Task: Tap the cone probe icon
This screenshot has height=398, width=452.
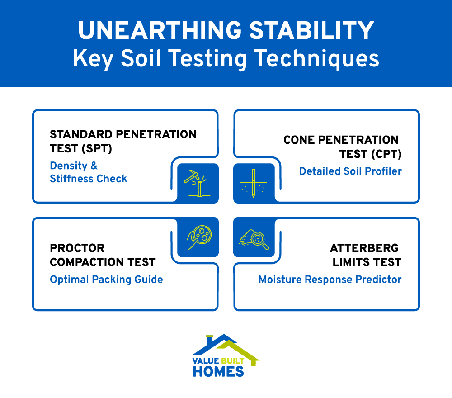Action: click(x=254, y=183)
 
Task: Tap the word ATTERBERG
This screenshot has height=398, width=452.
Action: click(x=364, y=248)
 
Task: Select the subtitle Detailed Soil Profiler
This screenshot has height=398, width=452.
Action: click(x=350, y=171)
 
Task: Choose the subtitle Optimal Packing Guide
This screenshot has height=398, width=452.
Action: click(x=106, y=280)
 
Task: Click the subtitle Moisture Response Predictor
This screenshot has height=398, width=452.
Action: click(x=330, y=280)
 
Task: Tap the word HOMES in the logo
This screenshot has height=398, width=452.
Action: click(x=218, y=371)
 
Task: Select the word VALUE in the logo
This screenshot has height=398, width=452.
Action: click(x=206, y=361)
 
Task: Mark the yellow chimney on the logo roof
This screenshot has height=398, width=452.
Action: click(x=209, y=338)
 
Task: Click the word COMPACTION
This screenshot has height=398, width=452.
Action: click(x=103, y=262)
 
